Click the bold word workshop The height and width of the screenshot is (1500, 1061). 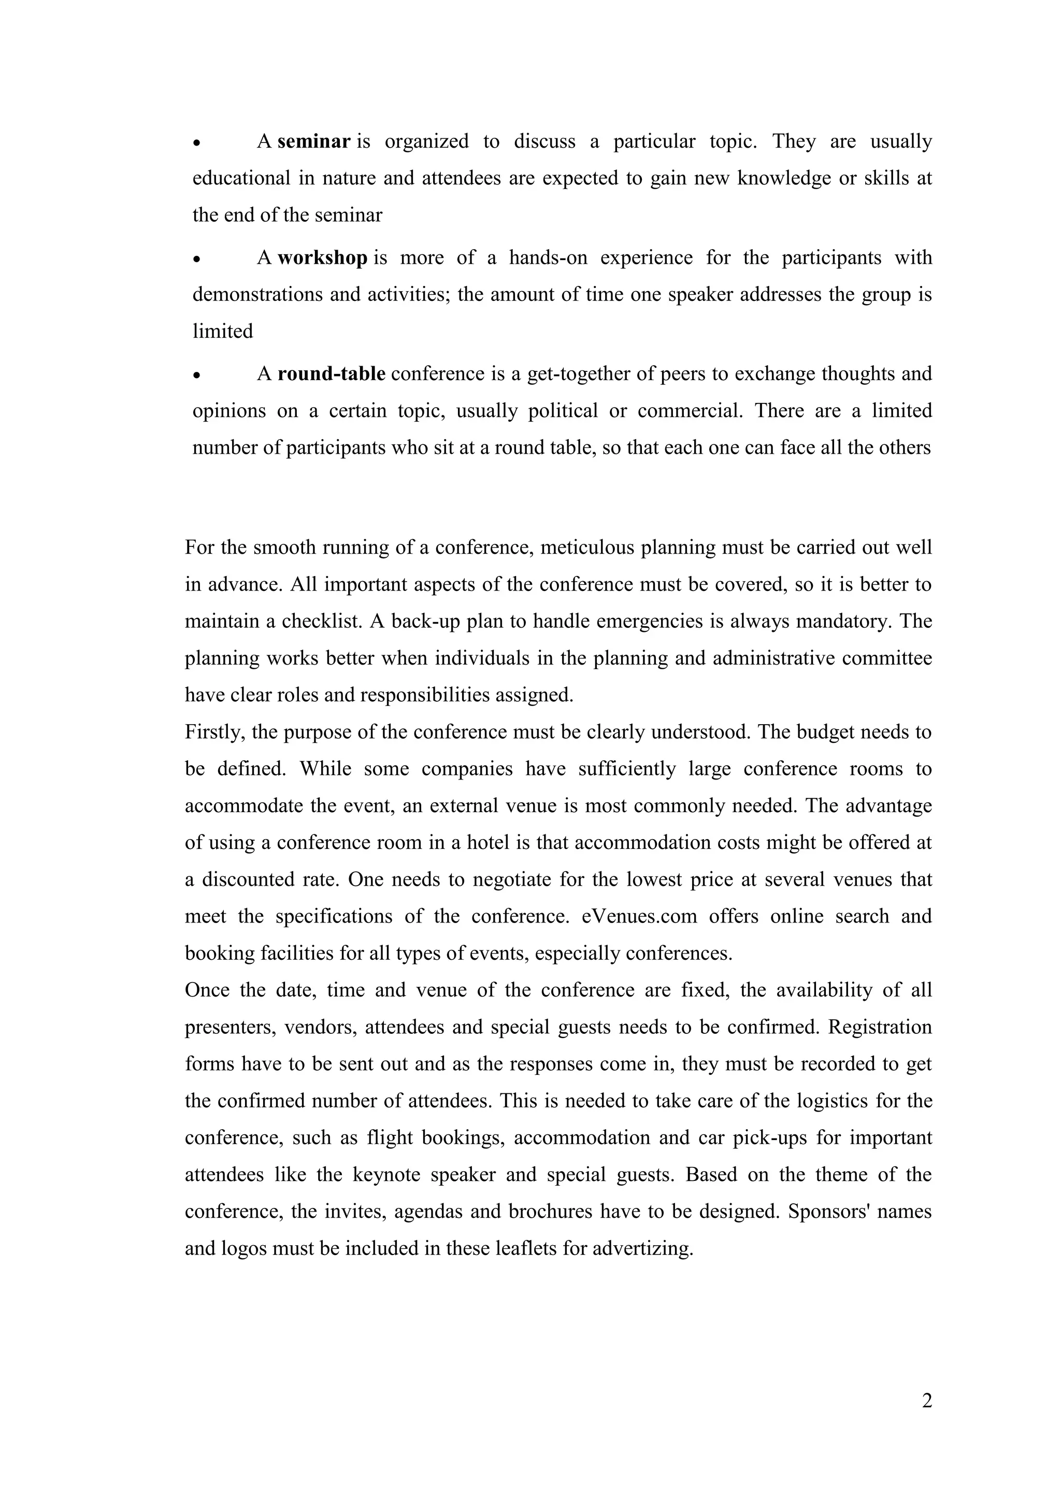(322, 258)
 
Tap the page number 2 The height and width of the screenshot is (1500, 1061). (926, 1401)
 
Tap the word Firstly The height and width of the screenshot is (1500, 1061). (215, 732)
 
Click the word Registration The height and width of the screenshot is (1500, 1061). (880, 1027)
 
